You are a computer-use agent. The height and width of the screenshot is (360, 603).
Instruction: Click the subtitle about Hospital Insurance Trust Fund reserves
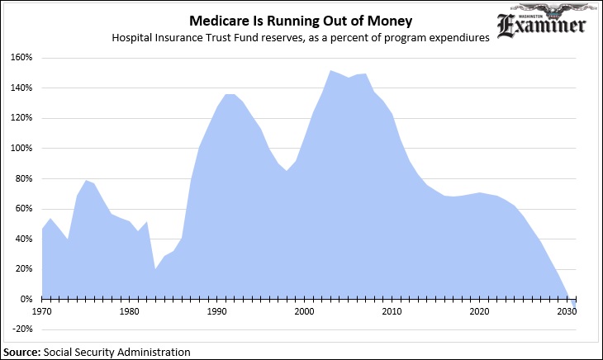click(x=303, y=38)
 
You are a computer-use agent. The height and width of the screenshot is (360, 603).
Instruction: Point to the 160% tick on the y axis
click(x=21, y=58)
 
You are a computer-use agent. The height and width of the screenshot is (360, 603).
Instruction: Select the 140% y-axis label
click(x=21, y=88)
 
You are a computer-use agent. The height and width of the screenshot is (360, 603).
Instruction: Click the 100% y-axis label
click(x=21, y=149)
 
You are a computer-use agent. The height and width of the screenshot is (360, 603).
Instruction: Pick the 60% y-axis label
click(x=22, y=209)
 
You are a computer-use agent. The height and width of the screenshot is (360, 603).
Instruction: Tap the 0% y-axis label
click(x=25, y=299)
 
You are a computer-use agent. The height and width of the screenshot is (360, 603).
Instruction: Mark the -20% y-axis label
click(x=21, y=329)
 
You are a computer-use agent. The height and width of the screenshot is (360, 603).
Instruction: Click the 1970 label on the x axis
click(x=41, y=311)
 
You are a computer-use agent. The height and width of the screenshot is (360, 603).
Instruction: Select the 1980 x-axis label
click(x=129, y=311)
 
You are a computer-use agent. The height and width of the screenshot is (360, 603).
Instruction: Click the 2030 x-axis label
click(x=567, y=311)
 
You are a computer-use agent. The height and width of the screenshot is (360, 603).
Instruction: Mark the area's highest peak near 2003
click(x=330, y=70)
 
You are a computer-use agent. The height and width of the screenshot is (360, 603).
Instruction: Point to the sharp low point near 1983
click(x=155, y=268)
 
